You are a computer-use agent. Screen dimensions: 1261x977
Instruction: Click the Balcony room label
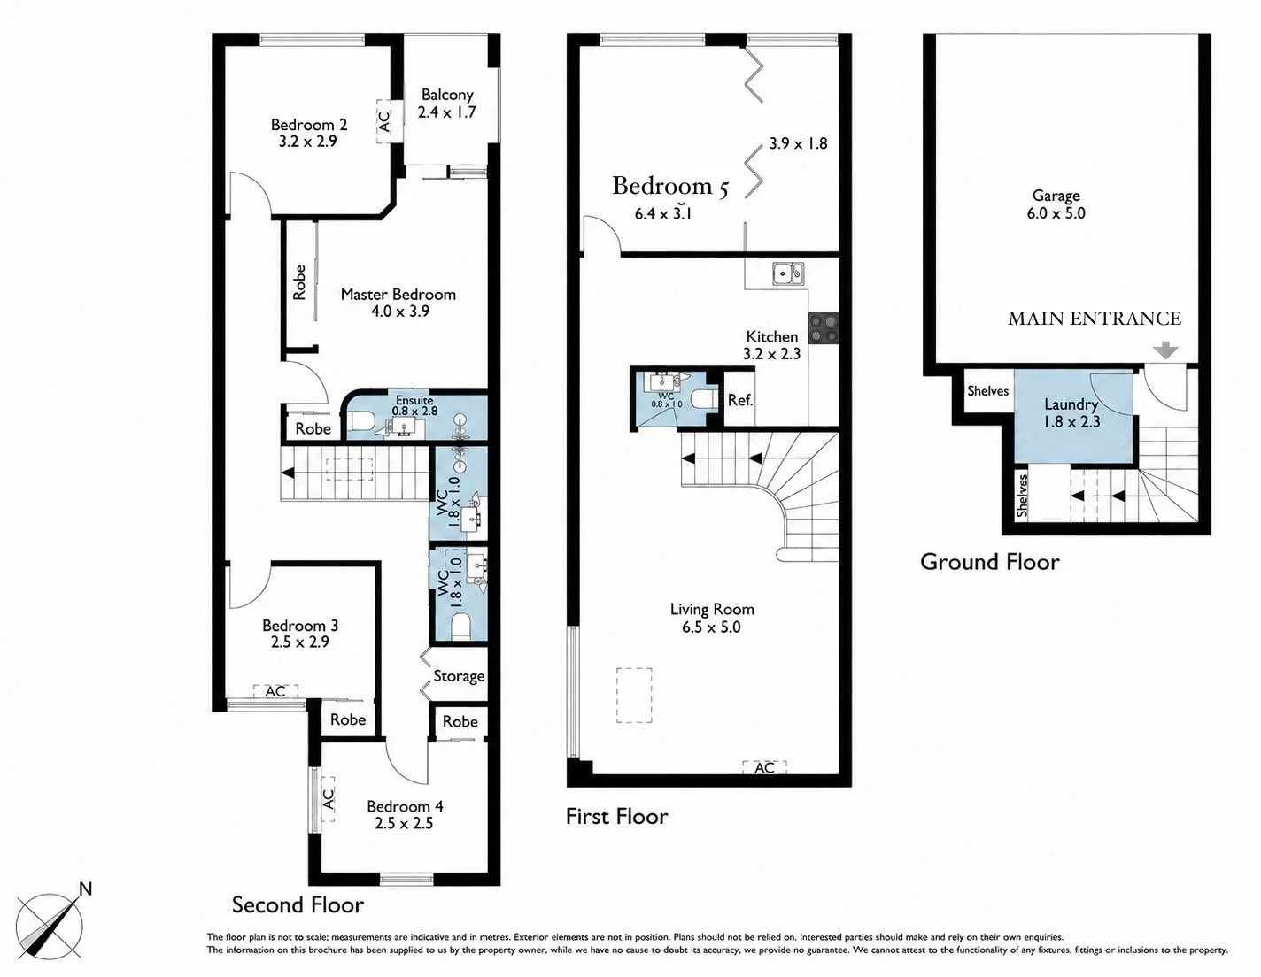[x=447, y=95]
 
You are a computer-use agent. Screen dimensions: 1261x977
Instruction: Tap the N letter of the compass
[x=85, y=889]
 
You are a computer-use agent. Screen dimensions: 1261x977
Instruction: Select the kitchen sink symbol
[x=788, y=273]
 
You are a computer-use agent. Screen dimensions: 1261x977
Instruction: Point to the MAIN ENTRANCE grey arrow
[x=1165, y=350]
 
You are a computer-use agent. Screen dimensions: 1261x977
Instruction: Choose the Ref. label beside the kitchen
[x=740, y=400]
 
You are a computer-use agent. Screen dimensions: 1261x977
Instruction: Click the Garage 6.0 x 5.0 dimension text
[x=1056, y=213]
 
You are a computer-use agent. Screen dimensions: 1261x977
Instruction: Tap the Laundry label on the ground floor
[x=1071, y=404]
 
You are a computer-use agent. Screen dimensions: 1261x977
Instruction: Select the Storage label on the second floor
[x=459, y=677]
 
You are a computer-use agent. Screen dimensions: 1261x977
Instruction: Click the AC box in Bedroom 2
[x=383, y=122]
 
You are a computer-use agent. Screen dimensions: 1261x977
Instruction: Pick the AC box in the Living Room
[x=765, y=767]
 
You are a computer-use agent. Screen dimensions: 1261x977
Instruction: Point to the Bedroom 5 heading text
[x=670, y=186]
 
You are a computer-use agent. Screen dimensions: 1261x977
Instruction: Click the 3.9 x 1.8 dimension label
[x=798, y=143]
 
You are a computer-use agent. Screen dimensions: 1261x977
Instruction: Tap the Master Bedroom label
[x=398, y=295]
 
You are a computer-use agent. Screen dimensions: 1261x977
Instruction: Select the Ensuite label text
[x=414, y=400]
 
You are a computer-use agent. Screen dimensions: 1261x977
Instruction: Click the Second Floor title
[x=298, y=904]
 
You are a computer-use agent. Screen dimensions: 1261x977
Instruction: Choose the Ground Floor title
[x=990, y=562]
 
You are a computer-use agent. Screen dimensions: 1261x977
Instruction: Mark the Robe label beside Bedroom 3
[x=348, y=719]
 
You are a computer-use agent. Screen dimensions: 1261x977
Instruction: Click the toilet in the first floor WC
[x=705, y=399]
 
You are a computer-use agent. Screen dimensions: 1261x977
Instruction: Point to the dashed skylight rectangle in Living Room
[x=634, y=696]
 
